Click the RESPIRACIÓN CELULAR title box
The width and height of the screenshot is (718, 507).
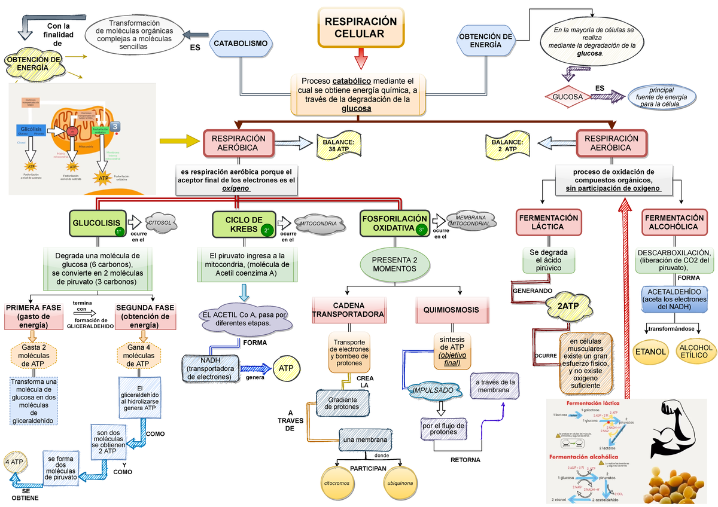(x=360, y=28)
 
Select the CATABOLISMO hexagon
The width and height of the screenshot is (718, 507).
(x=241, y=44)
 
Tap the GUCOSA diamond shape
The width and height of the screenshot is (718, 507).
(x=567, y=96)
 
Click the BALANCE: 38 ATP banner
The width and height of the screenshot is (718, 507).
(x=339, y=145)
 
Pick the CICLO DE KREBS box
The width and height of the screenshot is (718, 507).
(x=244, y=224)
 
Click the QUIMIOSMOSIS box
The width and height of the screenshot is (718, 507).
(x=451, y=310)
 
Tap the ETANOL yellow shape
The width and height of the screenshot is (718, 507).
(x=651, y=352)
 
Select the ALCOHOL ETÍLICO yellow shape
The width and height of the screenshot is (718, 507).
(x=696, y=352)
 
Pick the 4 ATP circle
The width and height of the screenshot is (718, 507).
(x=14, y=462)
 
